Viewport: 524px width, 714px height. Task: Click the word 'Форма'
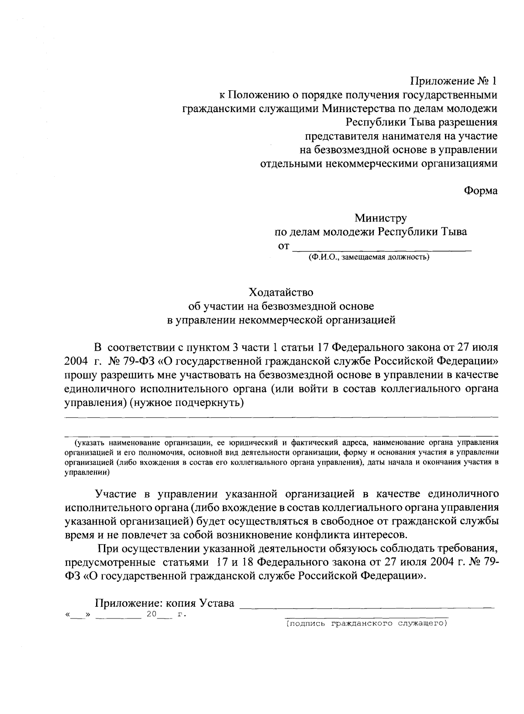point(480,191)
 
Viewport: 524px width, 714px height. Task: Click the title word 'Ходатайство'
point(281,291)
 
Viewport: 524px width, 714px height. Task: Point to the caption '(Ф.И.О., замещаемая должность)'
point(369,258)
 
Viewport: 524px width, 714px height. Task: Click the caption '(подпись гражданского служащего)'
point(366,624)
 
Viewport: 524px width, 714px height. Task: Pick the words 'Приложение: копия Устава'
point(165,603)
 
